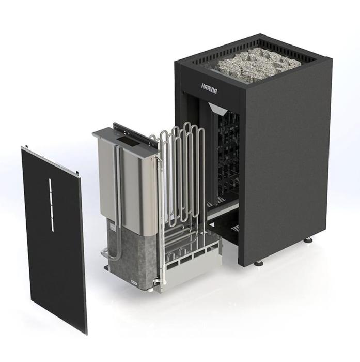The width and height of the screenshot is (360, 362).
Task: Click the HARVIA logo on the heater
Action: coord(209,88)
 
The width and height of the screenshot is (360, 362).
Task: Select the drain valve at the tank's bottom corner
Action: coord(158,280)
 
